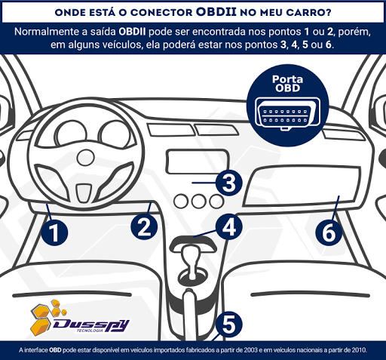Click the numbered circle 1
pyautogui.click(x=54, y=232)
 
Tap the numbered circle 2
pyautogui.click(x=144, y=226)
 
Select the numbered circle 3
pyautogui.click(x=229, y=183)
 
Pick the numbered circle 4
pyautogui.click(x=229, y=226)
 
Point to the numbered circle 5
pyautogui.click(x=229, y=325)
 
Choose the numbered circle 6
pyautogui.click(x=329, y=232)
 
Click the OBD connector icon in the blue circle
pyautogui.click(x=287, y=114)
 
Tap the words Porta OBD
pyautogui.click(x=287, y=84)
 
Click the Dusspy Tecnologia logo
pyautogui.click(x=79, y=318)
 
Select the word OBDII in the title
pyautogui.click(x=216, y=12)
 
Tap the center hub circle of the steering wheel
pyautogui.click(x=85, y=158)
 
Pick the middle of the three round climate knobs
pyautogui.click(x=198, y=202)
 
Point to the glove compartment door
pyautogui.click(x=302, y=186)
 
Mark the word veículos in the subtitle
pyautogui.click(x=123, y=45)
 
